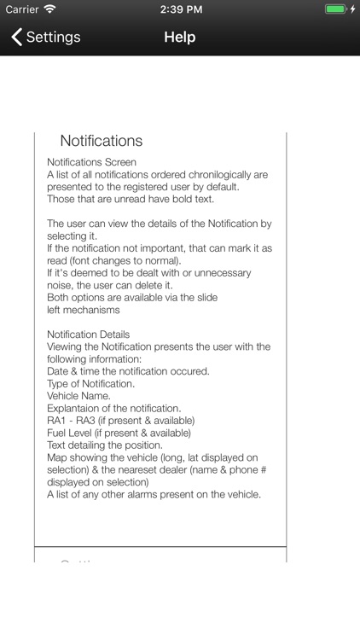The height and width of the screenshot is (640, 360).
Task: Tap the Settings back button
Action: click(46, 38)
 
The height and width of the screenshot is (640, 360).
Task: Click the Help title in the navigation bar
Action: click(180, 38)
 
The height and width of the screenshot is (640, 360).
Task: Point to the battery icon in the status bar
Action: click(335, 9)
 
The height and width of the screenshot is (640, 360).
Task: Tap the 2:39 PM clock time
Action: click(180, 9)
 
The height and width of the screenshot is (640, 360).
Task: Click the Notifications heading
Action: click(102, 141)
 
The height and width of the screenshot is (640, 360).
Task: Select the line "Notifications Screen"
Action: click(91, 162)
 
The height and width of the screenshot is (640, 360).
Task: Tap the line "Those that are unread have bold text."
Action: click(130, 199)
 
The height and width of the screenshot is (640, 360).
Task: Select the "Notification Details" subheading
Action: click(88, 334)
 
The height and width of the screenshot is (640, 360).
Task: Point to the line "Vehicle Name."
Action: click(78, 396)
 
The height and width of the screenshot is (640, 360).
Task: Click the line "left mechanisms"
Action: click(84, 310)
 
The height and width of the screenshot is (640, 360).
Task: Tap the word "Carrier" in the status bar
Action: click(22, 9)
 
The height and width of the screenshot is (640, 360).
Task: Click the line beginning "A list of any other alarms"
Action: click(154, 494)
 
